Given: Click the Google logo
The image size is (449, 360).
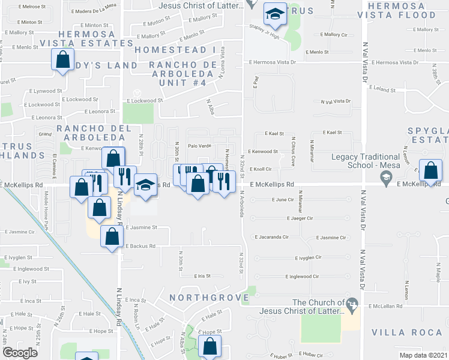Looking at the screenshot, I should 20,353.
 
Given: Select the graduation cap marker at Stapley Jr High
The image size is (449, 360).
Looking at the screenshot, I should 275,16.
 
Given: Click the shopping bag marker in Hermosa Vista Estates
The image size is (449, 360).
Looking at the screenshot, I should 62,61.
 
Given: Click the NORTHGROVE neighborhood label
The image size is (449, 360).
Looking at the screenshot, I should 208,298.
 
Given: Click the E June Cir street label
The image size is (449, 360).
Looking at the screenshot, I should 282,199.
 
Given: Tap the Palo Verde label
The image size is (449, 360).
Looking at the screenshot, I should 199,146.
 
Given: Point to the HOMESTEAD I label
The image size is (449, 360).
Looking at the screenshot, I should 174,49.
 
